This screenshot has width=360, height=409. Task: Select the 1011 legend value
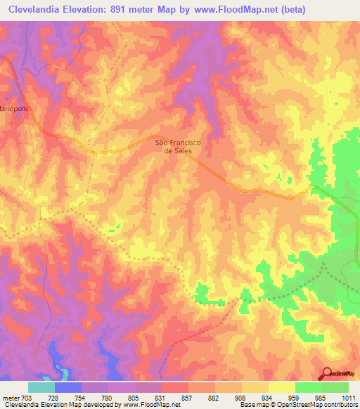(349, 398)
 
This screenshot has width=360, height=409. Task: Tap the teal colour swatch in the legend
(41, 387)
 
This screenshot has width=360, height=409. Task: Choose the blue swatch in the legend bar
(68, 387)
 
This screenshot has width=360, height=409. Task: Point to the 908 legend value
(242, 398)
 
